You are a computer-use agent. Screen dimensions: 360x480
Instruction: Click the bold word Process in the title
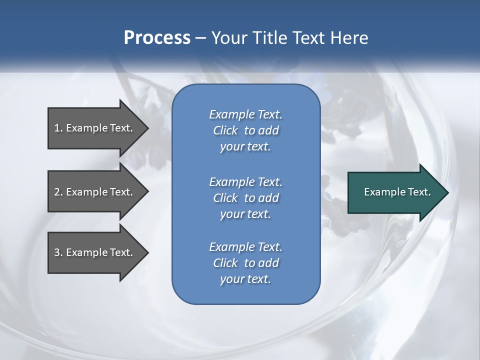(157, 38)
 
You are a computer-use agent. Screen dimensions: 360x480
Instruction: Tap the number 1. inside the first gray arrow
(58, 128)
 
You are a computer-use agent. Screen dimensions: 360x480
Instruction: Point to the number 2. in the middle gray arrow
(58, 192)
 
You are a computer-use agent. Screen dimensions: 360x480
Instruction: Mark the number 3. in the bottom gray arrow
(58, 252)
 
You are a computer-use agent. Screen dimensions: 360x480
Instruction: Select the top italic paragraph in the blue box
(245, 130)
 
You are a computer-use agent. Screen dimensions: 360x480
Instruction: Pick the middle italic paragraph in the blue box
(245, 197)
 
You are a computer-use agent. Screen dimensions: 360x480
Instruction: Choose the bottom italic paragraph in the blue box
(245, 263)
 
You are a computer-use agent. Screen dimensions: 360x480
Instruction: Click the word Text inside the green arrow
(418, 192)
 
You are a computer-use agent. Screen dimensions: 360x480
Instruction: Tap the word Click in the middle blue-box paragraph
(225, 198)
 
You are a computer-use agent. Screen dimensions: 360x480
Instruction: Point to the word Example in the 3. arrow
(87, 252)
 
